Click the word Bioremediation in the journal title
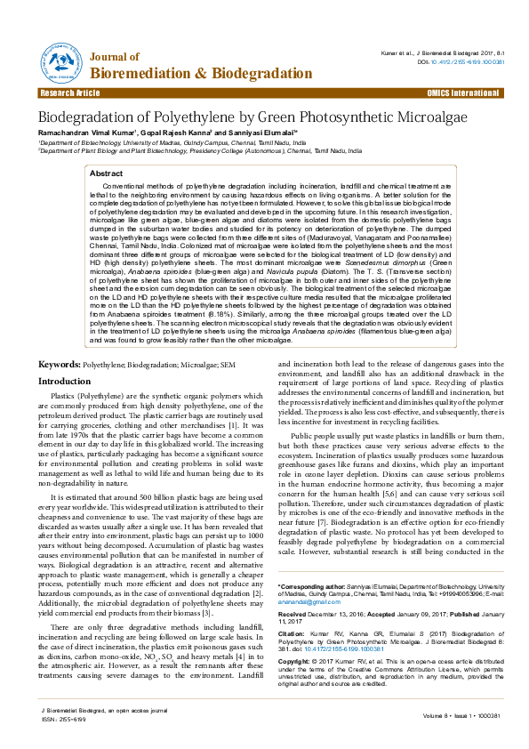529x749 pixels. coord(145,72)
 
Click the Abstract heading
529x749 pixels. coord(107,173)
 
